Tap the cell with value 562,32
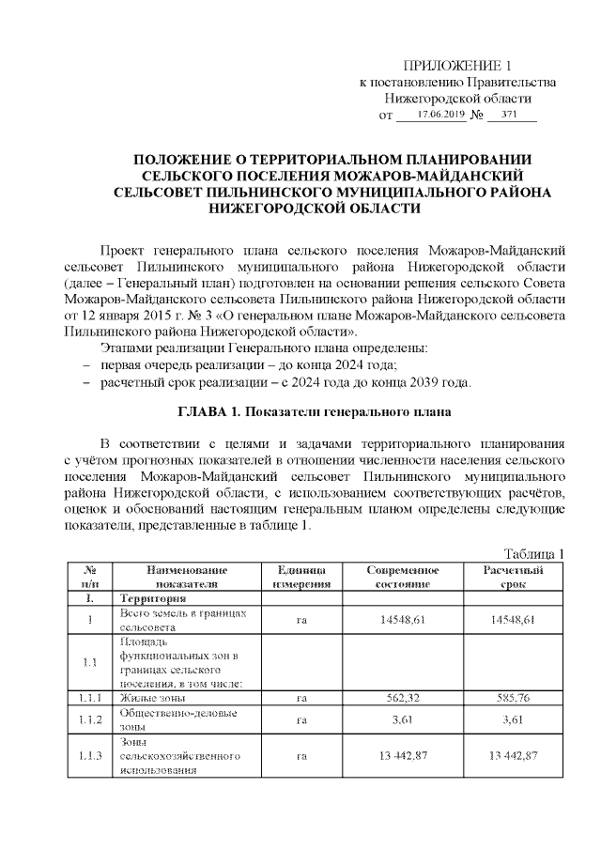[x=403, y=698]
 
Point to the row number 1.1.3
[x=91, y=755]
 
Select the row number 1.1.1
[x=91, y=698]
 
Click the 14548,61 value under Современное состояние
[x=403, y=620]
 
